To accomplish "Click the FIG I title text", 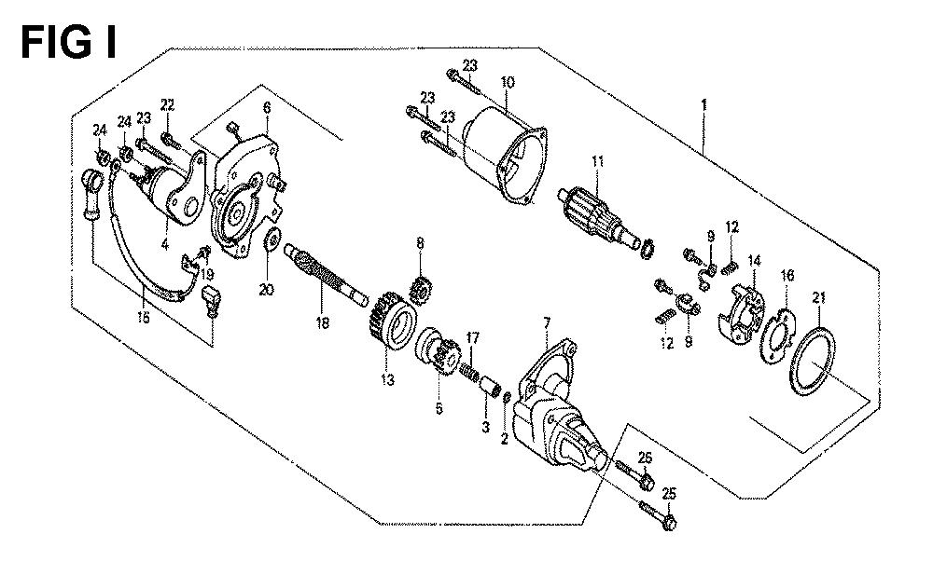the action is coord(68,43).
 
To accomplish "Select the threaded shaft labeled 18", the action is coord(327,275).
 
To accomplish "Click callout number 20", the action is coord(266,291).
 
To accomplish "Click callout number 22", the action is coord(168,105).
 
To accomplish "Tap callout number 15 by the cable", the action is coord(144,318).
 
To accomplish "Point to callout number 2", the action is coord(505,439).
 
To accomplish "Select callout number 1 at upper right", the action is coord(704,104).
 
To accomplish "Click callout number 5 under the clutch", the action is coord(439,409).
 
